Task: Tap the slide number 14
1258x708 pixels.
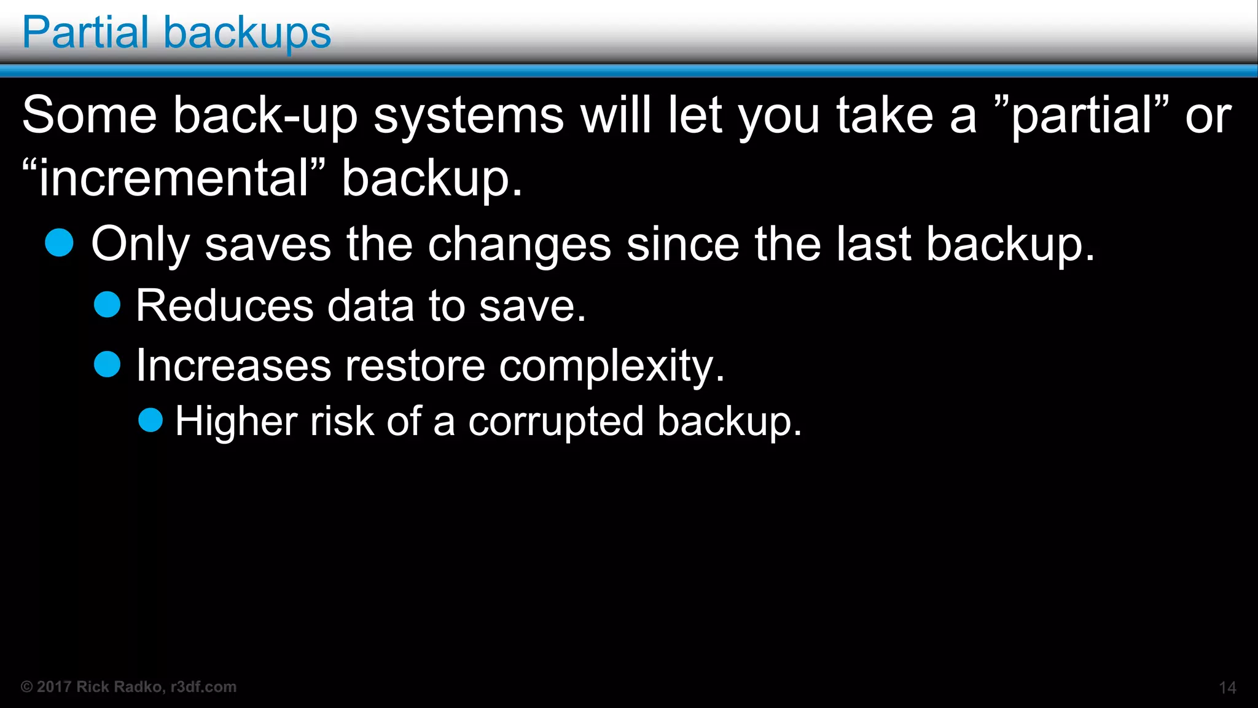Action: (x=1227, y=688)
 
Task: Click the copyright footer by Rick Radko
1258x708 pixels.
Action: (x=129, y=686)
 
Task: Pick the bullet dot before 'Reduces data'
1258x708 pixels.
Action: (x=107, y=304)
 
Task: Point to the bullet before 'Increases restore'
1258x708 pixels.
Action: (x=107, y=364)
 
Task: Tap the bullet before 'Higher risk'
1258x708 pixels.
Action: (x=150, y=420)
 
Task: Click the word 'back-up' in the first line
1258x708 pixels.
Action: (x=265, y=116)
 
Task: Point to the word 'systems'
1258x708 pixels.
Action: (x=469, y=116)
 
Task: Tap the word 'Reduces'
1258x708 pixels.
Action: (x=225, y=305)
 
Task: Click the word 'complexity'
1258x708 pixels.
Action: (x=607, y=366)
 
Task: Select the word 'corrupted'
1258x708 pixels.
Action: (x=556, y=422)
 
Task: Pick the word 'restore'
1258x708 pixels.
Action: (x=415, y=366)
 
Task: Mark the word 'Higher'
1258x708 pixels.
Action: (x=236, y=422)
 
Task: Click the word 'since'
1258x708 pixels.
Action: (x=683, y=244)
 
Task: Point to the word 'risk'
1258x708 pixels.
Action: (x=342, y=422)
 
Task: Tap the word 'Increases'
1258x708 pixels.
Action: (x=233, y=366)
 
